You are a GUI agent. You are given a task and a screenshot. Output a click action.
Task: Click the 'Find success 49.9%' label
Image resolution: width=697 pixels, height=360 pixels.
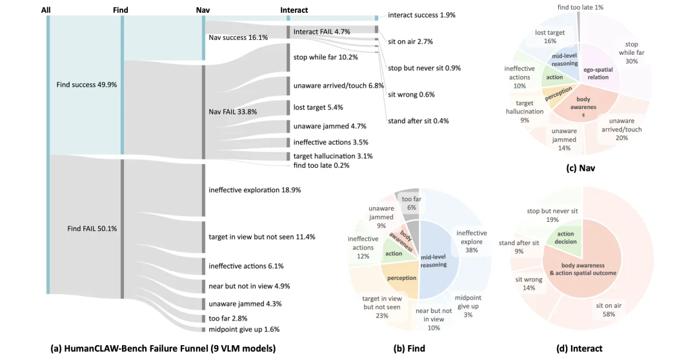(86, 85)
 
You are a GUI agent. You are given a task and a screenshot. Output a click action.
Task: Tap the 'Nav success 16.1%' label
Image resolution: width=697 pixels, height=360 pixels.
(238, 38)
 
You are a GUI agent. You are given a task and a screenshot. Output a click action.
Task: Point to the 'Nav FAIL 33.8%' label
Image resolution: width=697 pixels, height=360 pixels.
(233, 112)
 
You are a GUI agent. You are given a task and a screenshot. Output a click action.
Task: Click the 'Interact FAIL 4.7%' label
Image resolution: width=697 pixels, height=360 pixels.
(322, 32)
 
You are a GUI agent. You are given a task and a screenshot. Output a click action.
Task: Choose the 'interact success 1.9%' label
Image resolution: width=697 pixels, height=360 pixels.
(421, 15)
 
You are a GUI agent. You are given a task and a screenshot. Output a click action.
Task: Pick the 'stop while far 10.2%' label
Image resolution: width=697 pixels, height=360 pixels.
(326, 57)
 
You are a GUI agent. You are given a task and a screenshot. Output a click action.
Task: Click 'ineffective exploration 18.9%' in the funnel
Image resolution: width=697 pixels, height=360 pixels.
(255, 190)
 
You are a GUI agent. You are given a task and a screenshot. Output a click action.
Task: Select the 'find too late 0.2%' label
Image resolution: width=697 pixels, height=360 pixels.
(321, 165)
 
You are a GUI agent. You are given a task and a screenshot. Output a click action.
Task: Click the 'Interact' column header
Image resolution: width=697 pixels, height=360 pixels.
(294, 10)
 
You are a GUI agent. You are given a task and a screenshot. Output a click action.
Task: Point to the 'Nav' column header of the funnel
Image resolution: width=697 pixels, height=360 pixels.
(203, 10)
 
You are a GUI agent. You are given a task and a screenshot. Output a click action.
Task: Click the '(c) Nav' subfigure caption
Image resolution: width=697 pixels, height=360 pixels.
(581, 168)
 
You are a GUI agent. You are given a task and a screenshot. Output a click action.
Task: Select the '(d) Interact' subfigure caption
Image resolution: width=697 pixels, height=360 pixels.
(579, 348)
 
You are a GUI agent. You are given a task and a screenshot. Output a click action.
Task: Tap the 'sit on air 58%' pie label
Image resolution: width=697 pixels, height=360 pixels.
(609, 310)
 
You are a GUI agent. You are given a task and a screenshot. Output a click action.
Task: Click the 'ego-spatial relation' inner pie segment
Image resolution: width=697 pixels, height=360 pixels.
(598, 74)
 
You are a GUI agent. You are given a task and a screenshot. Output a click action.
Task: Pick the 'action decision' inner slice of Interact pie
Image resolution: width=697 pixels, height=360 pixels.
(565, 238)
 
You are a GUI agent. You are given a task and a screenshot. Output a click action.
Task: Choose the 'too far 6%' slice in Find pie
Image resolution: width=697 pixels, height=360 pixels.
(412, 203)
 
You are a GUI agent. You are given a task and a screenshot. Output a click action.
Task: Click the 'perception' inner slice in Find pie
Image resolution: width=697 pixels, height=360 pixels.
(401, 278)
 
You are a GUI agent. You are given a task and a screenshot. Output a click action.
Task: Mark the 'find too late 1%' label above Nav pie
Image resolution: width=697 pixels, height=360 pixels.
(581, 7)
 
